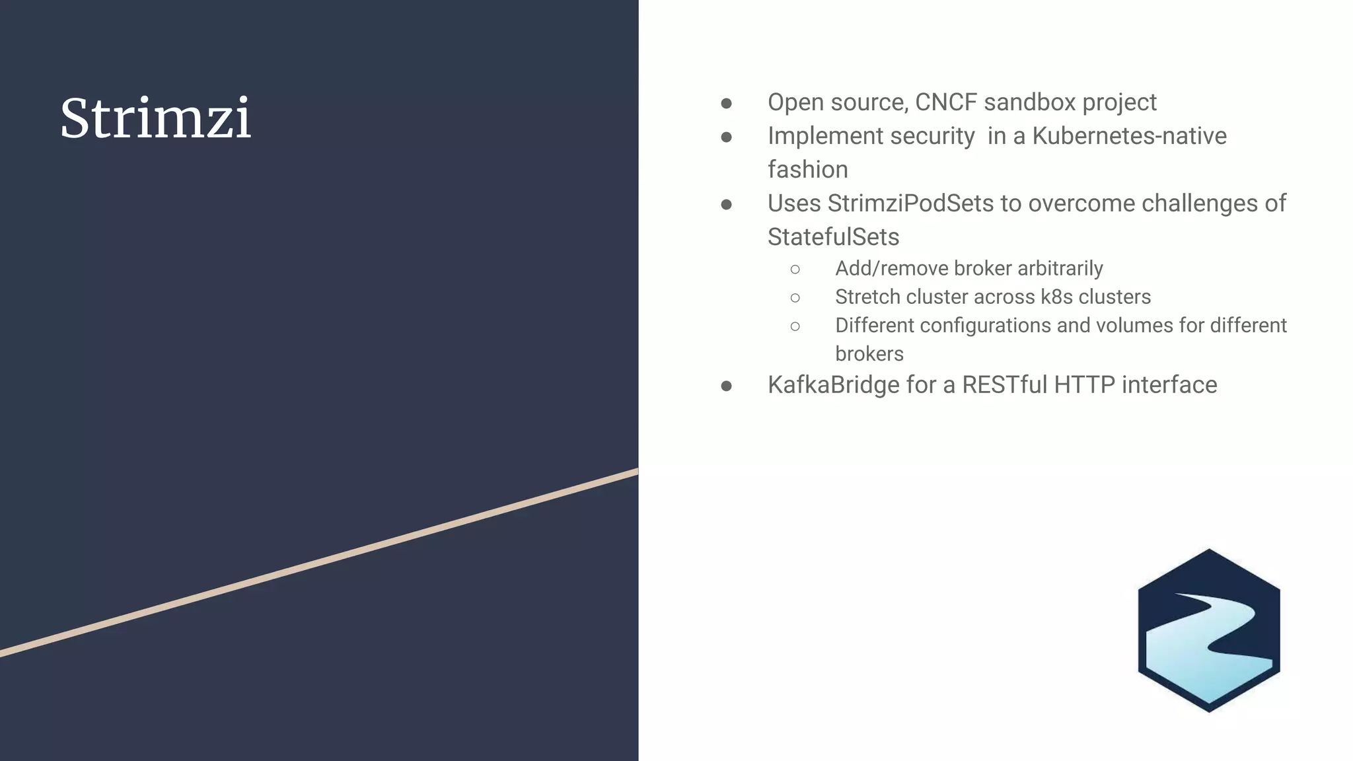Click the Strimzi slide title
point(156,118)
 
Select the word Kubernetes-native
point(1129,136)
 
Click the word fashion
point(807,170)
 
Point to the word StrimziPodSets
point(910,203)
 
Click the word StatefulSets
point(833,237)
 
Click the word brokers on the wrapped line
point(869,353)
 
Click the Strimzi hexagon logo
point(1208,631)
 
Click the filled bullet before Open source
point(726,103)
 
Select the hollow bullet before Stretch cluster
point(795,298)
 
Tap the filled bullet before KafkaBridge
point(726,386)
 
